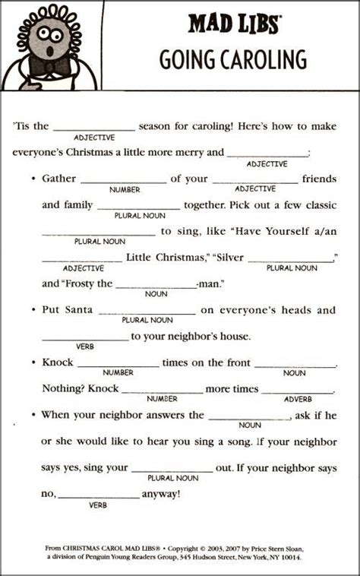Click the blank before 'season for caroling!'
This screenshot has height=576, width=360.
[94, 126]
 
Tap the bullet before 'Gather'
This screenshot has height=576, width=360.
[33, 179]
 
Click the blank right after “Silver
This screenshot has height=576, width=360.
[291, 258]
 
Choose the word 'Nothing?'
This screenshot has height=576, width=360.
[63, 388]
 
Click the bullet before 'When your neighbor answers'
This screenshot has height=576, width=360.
[33, 415]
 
